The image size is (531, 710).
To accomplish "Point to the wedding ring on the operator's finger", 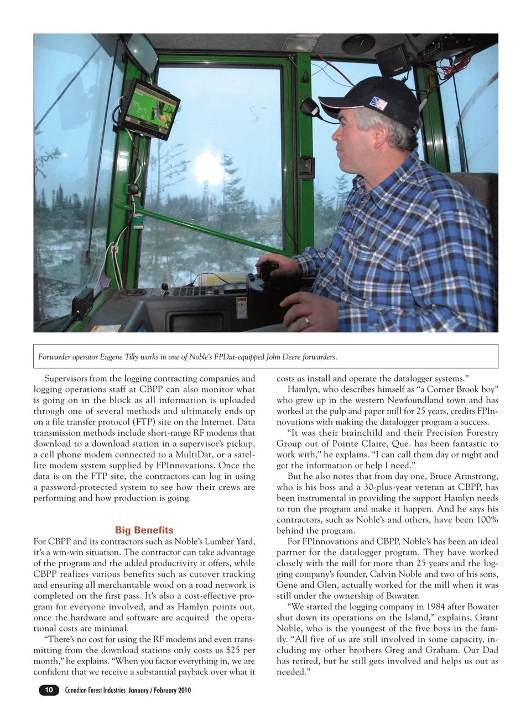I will coord(307,320).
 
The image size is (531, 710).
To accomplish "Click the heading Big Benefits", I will coord(144,530).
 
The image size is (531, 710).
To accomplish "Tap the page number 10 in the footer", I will coord(49,690).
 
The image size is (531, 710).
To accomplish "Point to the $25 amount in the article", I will coord(232,650).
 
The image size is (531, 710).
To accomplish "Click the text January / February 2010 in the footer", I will coord(160,690).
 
